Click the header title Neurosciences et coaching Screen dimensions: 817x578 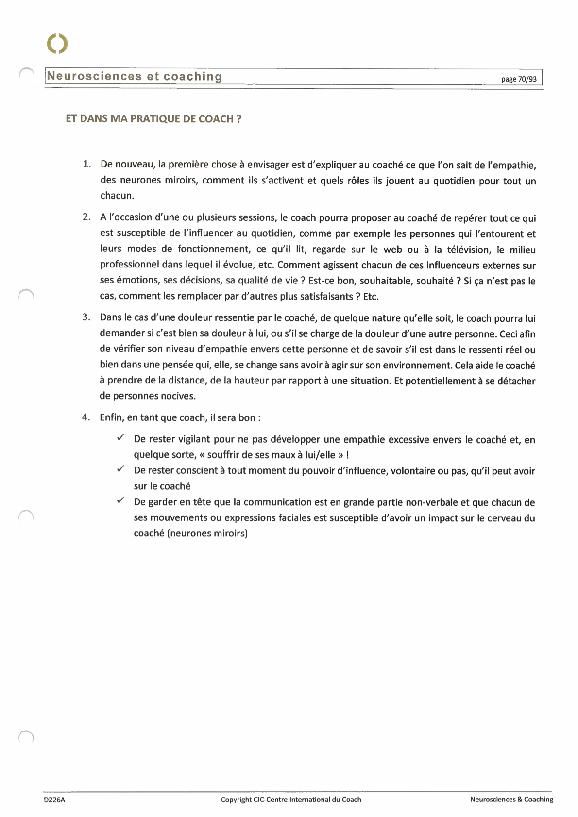tap(135, 77)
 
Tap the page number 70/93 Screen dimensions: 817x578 tap(519, 79)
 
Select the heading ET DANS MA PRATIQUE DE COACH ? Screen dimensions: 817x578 tap(153, 119)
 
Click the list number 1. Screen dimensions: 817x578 tap(86, 164)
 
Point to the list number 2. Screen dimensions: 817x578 tap(86, 217)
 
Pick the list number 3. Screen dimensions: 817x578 tap(86, 317)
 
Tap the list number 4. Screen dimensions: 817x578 tap(86, 417)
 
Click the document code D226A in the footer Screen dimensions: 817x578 tap(54, 800)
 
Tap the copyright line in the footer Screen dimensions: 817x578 tap(291, 800)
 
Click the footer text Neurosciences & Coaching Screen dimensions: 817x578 tap(511, 800)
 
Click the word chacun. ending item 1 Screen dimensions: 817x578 tap(117, 196)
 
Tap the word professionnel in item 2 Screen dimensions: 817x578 tap(129, 265)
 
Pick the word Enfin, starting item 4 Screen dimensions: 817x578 tap(111, 417)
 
